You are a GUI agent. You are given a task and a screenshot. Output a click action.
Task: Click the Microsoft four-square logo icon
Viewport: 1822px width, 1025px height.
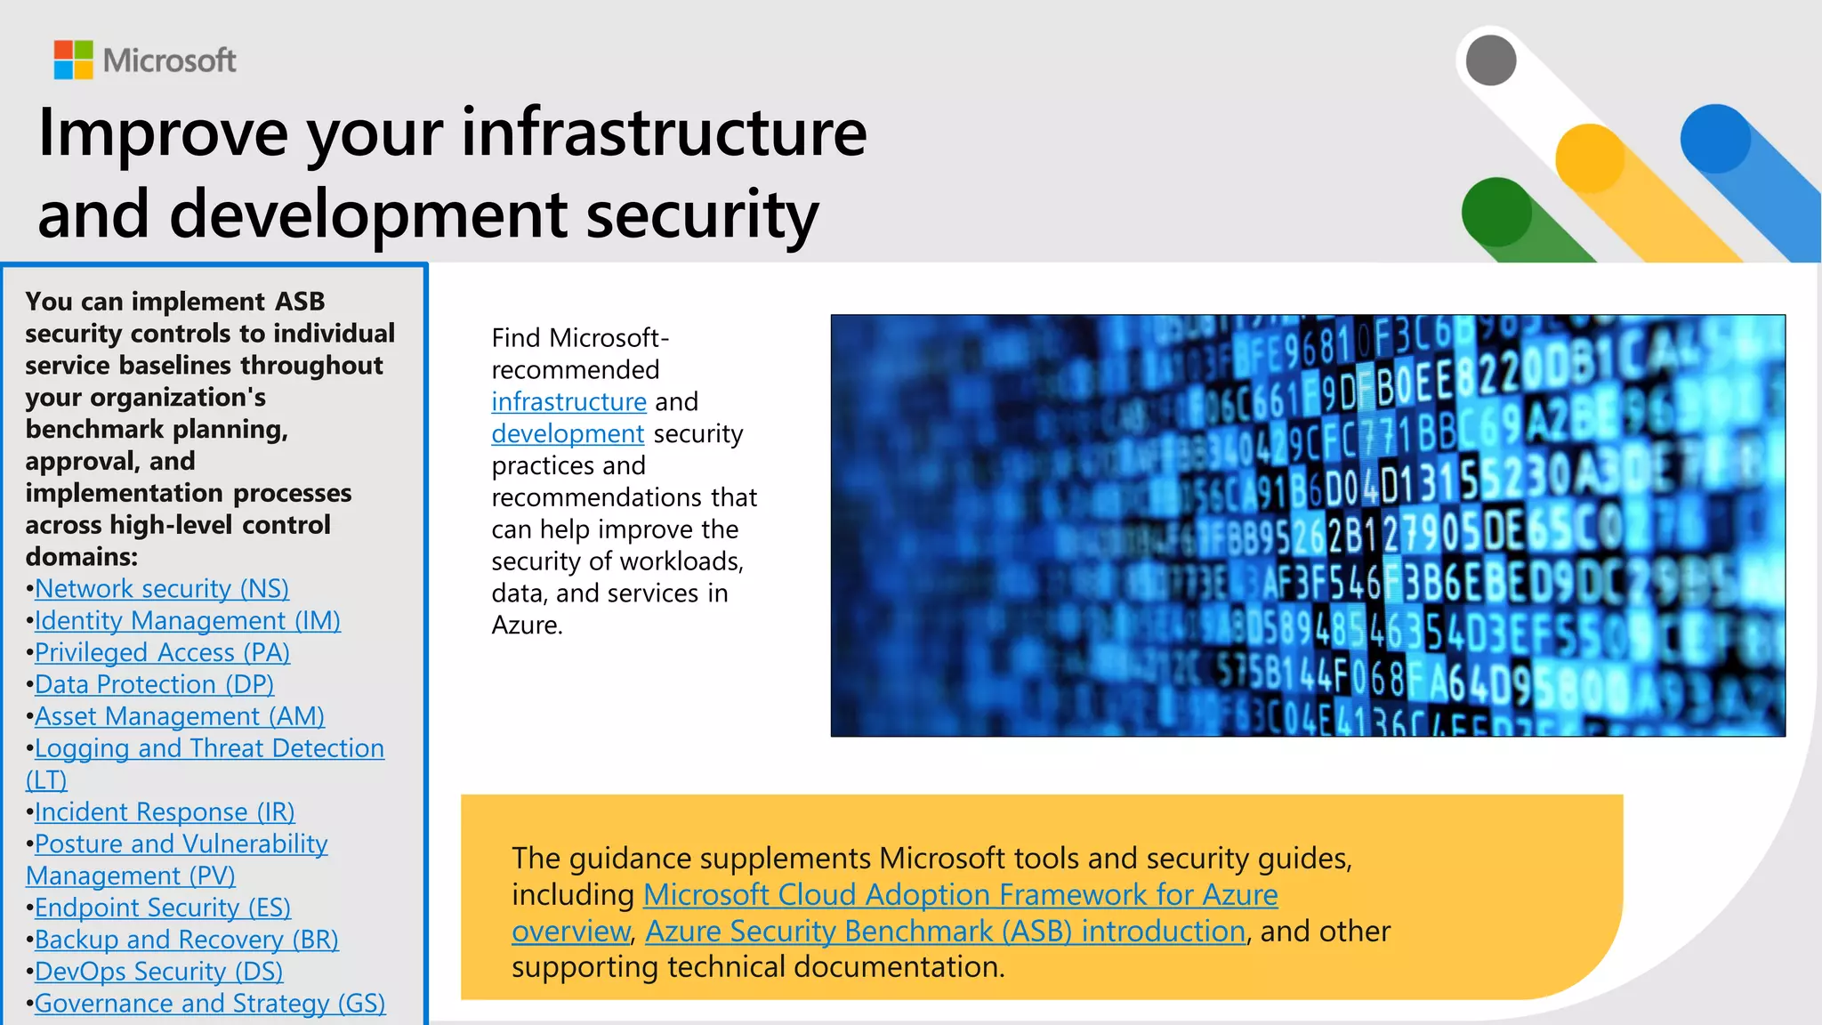point(73,60)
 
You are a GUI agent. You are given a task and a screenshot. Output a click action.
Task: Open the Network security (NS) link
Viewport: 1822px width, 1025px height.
point(162,589)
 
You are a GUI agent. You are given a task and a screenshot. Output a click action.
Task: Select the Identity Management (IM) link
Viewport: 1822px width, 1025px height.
point(188,621)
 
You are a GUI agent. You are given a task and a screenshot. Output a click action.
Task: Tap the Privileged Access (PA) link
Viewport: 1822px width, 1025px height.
point(163,653)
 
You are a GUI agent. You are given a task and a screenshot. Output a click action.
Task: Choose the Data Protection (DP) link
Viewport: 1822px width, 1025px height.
point(154,685)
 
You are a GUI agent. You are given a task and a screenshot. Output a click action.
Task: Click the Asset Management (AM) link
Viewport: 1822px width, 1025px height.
point(180,717)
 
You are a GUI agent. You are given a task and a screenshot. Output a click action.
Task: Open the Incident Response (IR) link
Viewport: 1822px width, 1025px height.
point(165,812)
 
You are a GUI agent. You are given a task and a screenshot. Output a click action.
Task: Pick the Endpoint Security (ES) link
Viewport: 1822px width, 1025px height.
point(163,908)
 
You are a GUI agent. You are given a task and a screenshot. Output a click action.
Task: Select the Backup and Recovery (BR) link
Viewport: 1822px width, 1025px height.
point(187,940)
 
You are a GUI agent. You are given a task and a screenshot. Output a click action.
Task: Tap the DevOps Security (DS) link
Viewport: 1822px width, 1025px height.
point(159,973)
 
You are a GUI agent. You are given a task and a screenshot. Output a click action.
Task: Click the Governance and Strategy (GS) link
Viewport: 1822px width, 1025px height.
point(210,1005)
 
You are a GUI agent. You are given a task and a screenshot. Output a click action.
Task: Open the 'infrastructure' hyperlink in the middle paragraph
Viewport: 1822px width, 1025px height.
point(568,402)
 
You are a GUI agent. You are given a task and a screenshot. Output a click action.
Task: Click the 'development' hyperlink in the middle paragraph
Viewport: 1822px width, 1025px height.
point(568,434)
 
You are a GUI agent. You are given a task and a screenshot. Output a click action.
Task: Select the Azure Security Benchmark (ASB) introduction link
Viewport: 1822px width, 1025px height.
point(945,932)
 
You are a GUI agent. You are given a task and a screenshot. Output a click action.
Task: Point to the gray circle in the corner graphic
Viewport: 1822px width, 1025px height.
point(1491,61)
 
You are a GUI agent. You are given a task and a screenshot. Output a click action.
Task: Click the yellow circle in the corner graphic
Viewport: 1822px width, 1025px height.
point(1590,158)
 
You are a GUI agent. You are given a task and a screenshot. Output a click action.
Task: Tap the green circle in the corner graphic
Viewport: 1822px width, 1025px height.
point(1496,212)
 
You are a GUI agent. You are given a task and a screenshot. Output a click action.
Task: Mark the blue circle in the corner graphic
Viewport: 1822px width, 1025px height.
point(1715,139)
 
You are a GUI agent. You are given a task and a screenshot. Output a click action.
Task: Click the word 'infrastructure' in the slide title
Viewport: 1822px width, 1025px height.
point(664,132)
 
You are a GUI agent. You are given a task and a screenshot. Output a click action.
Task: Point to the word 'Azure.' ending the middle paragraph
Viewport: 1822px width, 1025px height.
point(527,625)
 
